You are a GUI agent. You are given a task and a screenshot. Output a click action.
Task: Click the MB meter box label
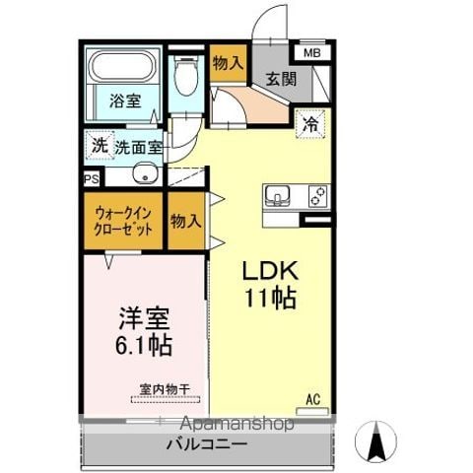(x=312, y=53)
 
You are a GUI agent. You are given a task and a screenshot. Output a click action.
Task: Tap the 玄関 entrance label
(x=281, y=79)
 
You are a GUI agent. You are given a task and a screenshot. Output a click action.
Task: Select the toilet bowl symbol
(x=186, y=76)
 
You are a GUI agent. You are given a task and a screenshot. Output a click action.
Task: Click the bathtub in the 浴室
(x=123, y=66)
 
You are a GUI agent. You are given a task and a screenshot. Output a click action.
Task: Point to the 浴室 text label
(x=125, y=101)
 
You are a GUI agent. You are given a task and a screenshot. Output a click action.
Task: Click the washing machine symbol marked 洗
(x=100, y=145)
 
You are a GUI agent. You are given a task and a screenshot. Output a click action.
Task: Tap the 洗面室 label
(x=138, y=148)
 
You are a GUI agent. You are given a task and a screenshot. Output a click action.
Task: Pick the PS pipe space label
(x=92, y=179)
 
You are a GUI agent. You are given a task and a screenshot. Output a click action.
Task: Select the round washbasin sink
(x=145, y=173)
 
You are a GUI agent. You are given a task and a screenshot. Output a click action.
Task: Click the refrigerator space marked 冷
(x=310, y=124)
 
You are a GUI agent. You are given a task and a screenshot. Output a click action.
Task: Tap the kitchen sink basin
(x=278, y=194)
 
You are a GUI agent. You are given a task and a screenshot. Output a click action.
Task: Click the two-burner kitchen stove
(x=318, y=196)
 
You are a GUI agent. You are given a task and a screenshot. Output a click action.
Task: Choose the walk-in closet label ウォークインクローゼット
(x=123, y=221)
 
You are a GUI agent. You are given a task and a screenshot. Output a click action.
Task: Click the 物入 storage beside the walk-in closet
(x=186, y=221)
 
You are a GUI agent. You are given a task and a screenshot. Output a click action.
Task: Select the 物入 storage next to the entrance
(x=229, y=63)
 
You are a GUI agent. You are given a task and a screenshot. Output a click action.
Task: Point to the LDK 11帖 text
(x=270, y=285)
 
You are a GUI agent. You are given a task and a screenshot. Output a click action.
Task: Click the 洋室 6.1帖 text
(x=144, y=331)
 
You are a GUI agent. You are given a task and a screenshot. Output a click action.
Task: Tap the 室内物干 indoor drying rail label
(x=165, y=389)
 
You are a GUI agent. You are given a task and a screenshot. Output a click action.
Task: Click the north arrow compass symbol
(x=375, y=441)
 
